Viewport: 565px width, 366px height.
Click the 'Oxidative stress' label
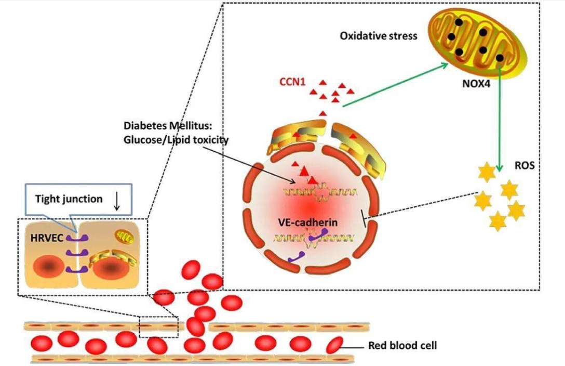tap(378, 36)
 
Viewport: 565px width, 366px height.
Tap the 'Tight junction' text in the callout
tap(69, 199)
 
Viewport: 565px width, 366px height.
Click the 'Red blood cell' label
tap(402, 345)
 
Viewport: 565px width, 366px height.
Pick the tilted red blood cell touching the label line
tap(333, 345)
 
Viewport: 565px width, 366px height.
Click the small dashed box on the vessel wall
tap(158, 326)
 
